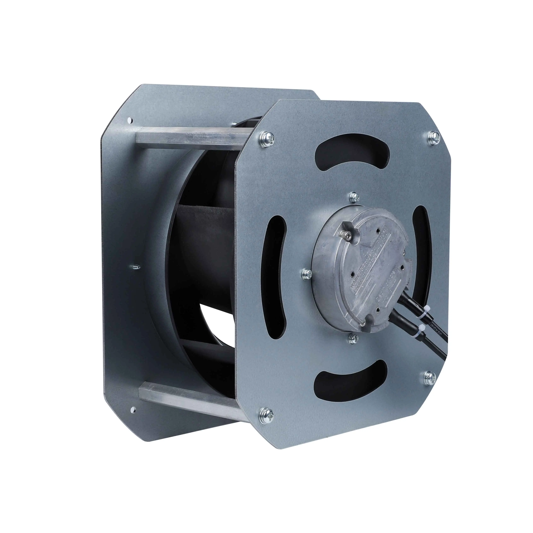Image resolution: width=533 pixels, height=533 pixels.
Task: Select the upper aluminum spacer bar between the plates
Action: tap(188, 138)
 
